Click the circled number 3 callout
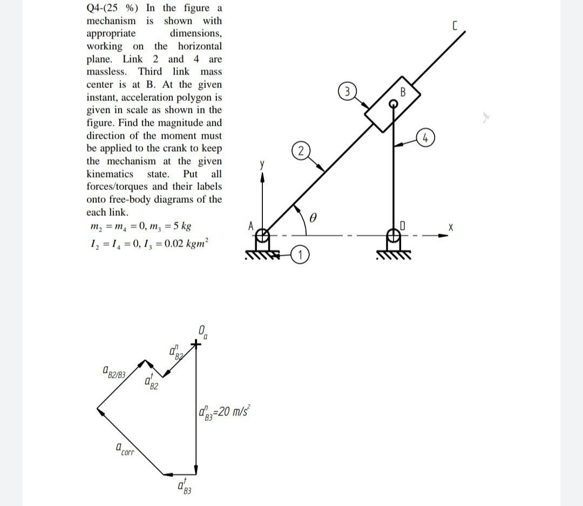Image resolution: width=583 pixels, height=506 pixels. click(x=347, y=91)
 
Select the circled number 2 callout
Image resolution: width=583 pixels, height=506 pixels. click(x=301, y=151)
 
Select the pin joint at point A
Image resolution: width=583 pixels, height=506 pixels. click(x=262, y=236)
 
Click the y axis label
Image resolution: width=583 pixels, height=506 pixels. click(x=262, y=165)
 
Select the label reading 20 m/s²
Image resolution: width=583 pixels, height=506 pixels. click(x=223, y=412)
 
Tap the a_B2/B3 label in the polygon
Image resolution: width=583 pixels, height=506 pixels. click(x=114, y=372)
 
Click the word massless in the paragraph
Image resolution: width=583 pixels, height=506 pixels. click(x=107, y=72)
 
